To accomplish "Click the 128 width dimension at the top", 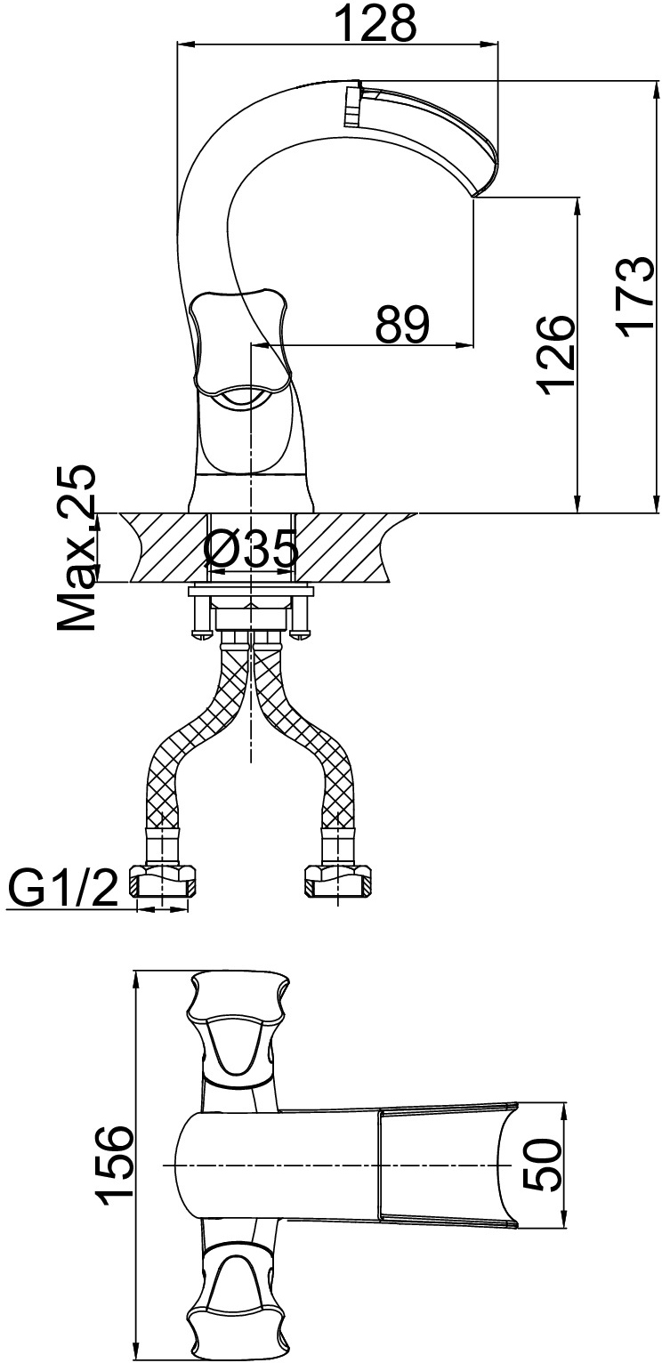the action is (x=376, y=22).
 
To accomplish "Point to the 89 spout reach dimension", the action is (x=402, y=324).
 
